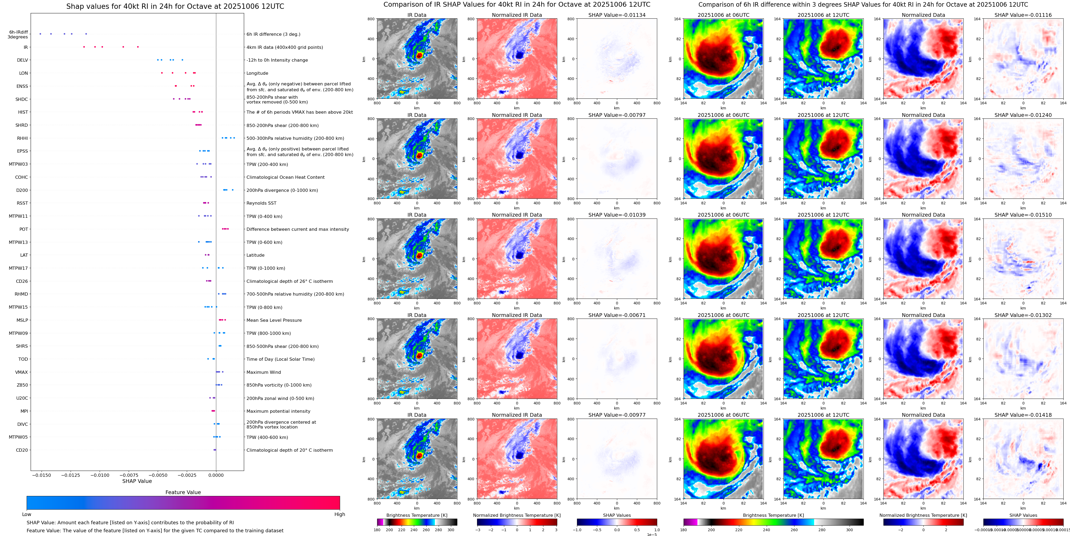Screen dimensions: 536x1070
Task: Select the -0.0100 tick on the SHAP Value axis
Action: (100, 475)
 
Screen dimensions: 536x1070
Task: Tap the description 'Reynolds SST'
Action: (261, 203)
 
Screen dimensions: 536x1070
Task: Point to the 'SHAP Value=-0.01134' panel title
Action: (617, 15)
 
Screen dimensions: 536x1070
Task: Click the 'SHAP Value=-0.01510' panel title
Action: (1023, 215)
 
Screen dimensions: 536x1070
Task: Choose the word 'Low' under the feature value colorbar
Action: (27, 514)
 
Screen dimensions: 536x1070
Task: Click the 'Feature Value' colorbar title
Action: (183, 492)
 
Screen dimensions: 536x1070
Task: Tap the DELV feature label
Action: (22, 60)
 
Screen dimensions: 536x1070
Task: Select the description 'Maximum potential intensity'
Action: (278, 411)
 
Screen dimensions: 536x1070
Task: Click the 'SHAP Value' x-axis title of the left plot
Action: (137, 481)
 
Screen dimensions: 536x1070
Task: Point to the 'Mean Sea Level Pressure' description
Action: (274, 320)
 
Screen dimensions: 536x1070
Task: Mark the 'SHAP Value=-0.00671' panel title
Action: (617, 315)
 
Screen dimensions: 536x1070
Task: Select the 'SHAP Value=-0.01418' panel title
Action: (1023, 415)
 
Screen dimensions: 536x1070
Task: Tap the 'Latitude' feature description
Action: (256, 255)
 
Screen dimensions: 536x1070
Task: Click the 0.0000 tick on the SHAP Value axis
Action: (216, 475)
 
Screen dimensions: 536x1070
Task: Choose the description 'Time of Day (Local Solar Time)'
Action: (280, 359)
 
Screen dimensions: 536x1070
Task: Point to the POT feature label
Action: (24, 229)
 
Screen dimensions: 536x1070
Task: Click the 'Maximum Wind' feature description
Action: (264, 372)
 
